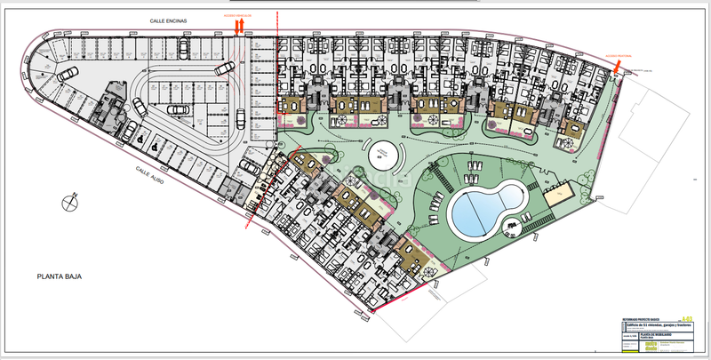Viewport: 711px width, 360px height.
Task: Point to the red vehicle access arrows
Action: pos(239,27)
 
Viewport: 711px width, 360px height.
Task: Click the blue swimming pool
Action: pos(484,207)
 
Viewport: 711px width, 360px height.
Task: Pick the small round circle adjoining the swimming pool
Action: pos(513,225)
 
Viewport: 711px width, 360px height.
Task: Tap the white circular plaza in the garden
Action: pos(385,154)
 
